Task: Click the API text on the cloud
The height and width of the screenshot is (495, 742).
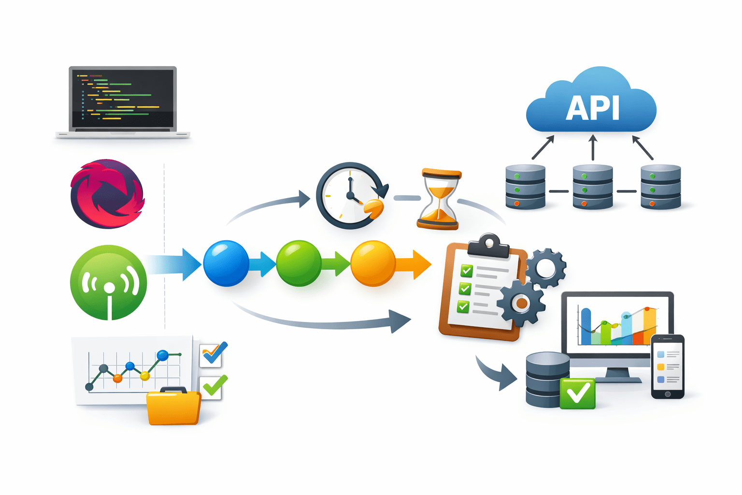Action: click(x=592, y=108)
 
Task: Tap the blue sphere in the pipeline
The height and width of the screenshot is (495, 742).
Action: click(x=226, y=263)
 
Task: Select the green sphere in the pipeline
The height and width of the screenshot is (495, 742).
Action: click(x=299, y=263)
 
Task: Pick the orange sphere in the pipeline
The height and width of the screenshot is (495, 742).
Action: click(x=372, y=263)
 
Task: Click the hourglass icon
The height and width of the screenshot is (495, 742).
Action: click(x=439, y=199)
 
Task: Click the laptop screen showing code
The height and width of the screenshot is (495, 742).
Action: click(x=123, y=98)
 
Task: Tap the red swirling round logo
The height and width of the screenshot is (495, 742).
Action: click(x=107, y=194)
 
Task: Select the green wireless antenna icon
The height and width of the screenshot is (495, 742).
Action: click(x=109, y=283)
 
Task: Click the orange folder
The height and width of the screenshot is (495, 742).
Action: click(x=173, y=407)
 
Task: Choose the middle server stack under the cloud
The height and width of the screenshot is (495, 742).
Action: click(x=593, y=187)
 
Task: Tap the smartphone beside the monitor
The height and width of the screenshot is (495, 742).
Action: click(x=668, y=367)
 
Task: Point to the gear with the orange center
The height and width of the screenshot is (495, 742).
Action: click(x=521, y=303)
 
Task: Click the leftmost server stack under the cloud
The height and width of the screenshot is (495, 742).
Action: click(x=525, y=187)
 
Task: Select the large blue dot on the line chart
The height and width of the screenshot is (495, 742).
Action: click(x=163, y=356)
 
